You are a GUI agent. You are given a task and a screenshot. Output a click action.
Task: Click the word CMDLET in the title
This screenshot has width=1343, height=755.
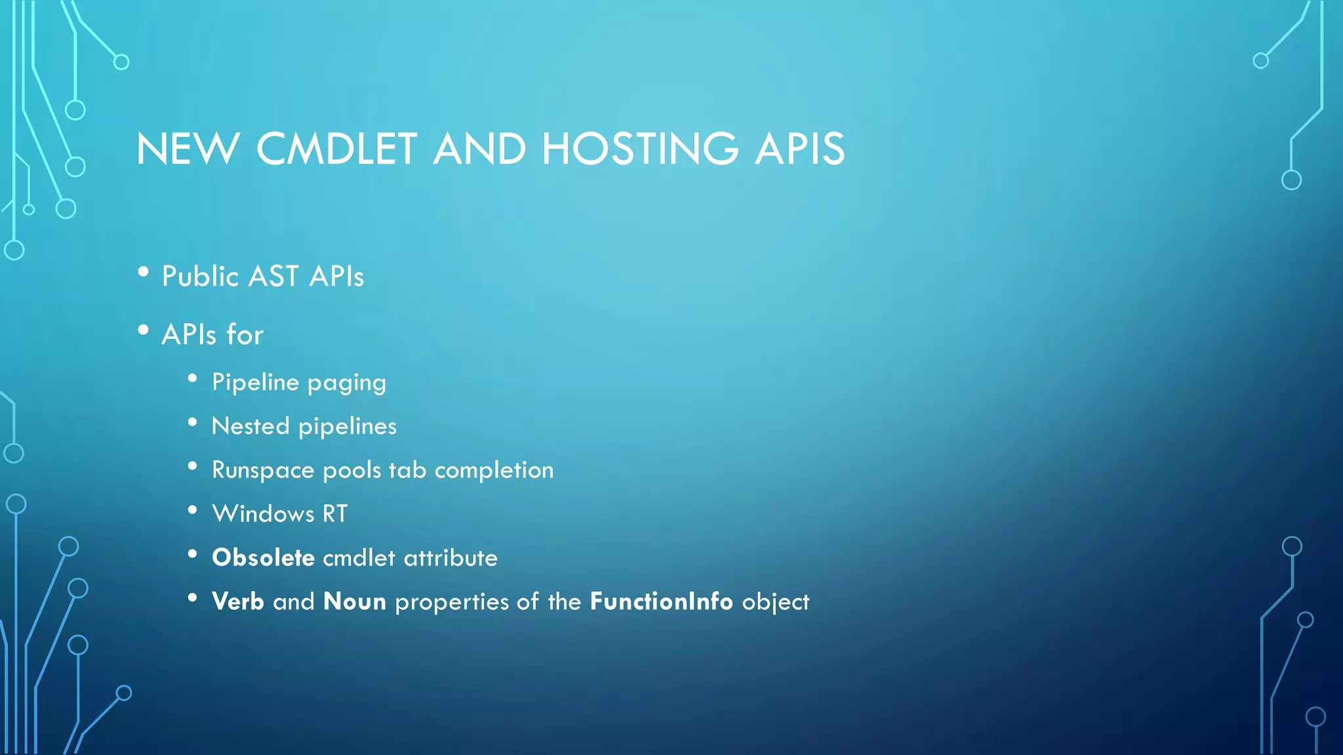click(336, 149)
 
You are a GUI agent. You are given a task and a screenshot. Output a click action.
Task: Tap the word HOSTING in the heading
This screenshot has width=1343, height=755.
click(640, 149)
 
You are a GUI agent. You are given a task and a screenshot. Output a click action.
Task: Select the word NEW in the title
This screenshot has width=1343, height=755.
click(188, 149)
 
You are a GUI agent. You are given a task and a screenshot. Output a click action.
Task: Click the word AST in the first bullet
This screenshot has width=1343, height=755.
click(274, 277)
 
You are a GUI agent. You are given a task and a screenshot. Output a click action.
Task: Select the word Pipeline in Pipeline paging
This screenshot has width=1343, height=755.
click(255, 382)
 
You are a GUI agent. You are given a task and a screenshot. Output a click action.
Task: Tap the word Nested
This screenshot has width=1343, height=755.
click(251, 427)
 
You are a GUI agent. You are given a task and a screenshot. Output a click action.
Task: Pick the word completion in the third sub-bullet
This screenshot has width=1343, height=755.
click(494, 470)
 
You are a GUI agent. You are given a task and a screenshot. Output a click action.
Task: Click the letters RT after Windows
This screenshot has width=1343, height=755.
click(334, 514)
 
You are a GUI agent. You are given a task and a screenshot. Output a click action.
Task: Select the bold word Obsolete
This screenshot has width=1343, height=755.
click(263, 558)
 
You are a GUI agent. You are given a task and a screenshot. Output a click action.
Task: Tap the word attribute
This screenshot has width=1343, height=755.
click(451, 558)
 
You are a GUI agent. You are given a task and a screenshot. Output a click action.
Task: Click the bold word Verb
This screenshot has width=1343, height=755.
click(237, 602)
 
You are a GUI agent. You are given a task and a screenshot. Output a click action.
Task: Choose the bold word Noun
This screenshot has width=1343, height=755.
click(354, 602)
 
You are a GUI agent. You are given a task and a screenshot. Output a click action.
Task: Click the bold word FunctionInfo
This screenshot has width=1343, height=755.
click(661, 602)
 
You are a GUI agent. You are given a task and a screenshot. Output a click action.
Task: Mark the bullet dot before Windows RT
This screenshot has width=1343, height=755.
click(192, 510)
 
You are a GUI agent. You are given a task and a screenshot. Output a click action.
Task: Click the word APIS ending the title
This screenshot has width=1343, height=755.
click(799, 149)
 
